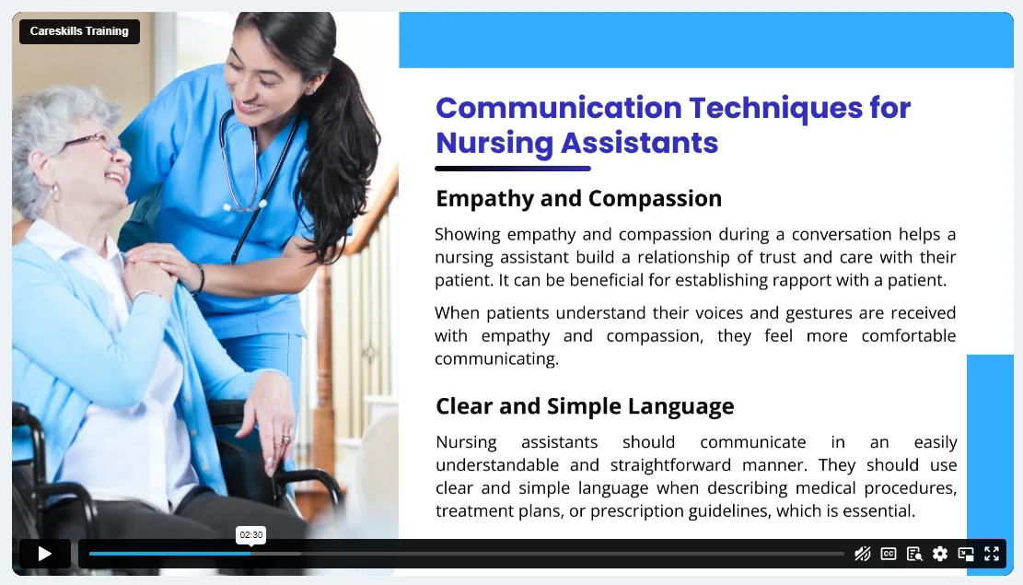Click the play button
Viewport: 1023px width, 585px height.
(x=45, y=555)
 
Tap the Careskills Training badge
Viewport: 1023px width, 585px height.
(x=79, y=31)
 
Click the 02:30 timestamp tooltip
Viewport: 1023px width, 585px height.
(x=251, y=534)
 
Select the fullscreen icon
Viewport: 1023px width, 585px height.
(x=992, y=555)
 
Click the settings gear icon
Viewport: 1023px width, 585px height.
(x=939, y=555)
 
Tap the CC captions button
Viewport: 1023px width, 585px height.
(x=889, y=555)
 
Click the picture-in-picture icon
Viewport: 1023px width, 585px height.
(x=966, y=555)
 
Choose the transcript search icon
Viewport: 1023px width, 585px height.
(x=914, y=555)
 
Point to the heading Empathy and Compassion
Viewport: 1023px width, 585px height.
(x=578, y=198)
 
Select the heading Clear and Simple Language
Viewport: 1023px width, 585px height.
(x=585, y=406)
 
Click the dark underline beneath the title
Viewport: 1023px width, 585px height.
(x=513, y=169)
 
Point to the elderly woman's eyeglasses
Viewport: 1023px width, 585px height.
(x=94, y=141)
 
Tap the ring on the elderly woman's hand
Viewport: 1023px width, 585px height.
(x=285, y=440)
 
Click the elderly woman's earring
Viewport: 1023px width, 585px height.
(x=55, y=193)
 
